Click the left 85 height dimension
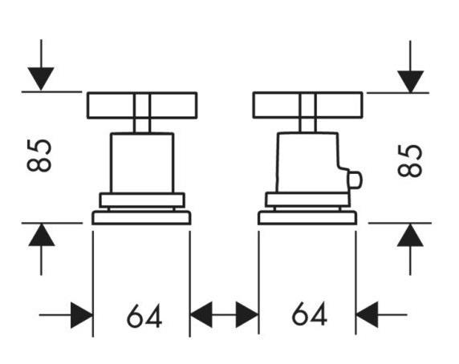tap(39, 155)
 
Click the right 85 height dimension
tap(410, 160)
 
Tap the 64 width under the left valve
tap(144, 316)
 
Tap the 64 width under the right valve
tap(310, 313)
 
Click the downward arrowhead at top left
tap(41, 79)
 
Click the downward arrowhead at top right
tap(410, 82)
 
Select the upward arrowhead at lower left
tap(41, 235)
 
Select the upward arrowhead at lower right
tap(410, 235)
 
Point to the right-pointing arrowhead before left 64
tap(82, 315)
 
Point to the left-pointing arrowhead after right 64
tap(367, 315)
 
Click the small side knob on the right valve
tap(355, 179)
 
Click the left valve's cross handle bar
tap(142, 105)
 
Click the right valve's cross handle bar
tap(307, 105)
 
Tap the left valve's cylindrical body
tap(142, 163)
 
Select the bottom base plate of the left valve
tap(141, 217)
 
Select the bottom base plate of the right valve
tap(307, 217)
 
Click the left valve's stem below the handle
tap(142, 126)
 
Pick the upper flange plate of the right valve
tap(307, 200)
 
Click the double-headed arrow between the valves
tap(224, 315)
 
